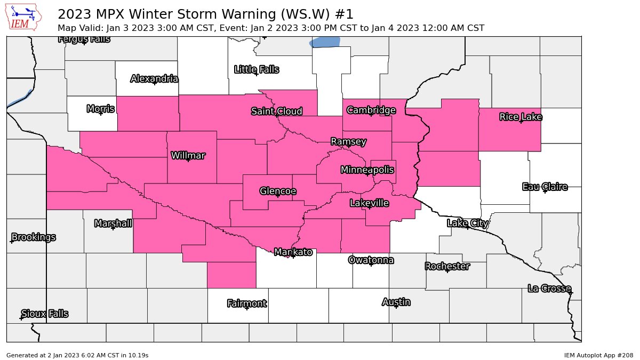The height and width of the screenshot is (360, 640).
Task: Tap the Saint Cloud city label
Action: click(x=277, y=111)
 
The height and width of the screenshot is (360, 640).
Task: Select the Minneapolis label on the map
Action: click(x=367, y=170)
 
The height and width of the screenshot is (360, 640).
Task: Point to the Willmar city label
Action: click(x=188, y=155)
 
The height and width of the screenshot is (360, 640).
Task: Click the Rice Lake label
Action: click(x=521, y=116)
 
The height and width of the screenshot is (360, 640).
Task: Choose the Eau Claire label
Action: click(x=545, y=187)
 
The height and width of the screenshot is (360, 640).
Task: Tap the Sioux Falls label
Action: click(x=45, y=314)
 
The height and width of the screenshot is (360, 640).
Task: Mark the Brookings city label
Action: click(x=33, y=237)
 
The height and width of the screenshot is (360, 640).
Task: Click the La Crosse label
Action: click(x=549, y=288)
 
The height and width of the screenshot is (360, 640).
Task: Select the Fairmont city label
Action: click(x=246, y=303)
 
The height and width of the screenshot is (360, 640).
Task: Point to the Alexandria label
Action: click(x=154, y=78)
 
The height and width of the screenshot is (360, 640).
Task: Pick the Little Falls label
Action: click(x=257, y=69)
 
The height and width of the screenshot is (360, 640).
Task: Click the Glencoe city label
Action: click(x=277, y=191)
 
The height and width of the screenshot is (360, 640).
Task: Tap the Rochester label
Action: click(x=447, y=266)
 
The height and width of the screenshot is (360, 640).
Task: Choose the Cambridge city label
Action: click(x=371, y=110)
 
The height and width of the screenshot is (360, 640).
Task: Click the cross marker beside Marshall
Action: click(x=113, y=228)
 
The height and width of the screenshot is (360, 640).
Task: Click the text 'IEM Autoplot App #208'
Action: click(x=598, y=355)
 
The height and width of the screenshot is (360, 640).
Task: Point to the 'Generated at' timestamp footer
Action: click(x=77, y=355)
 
